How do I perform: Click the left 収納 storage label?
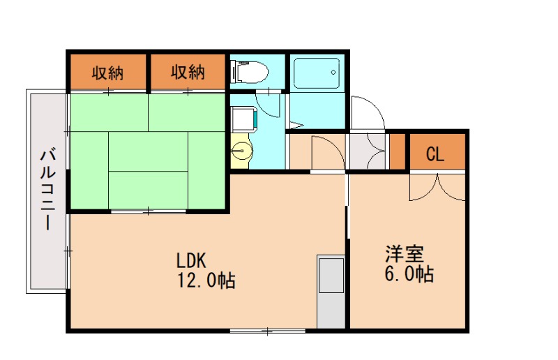pyautogui.click(x=107, y=73)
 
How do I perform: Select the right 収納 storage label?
pyautogui.click(x=188, y=73)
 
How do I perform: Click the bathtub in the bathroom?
pyautogui.click(x=316, y=71)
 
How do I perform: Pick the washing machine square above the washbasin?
pyautogui.click(x=243, y=121)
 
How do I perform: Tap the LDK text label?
pyautogui.click(x=189, y=261)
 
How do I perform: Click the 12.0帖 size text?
pyautogui.click(x=206, y=280)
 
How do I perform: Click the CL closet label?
pyautogui.click(x=435, y=154)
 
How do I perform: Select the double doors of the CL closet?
pyautogui.click(x=437, y=186)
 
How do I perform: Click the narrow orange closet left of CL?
pyautogui.click(x=398, y=150)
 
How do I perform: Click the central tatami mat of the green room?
pyautogui.click(x=148, y=150)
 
